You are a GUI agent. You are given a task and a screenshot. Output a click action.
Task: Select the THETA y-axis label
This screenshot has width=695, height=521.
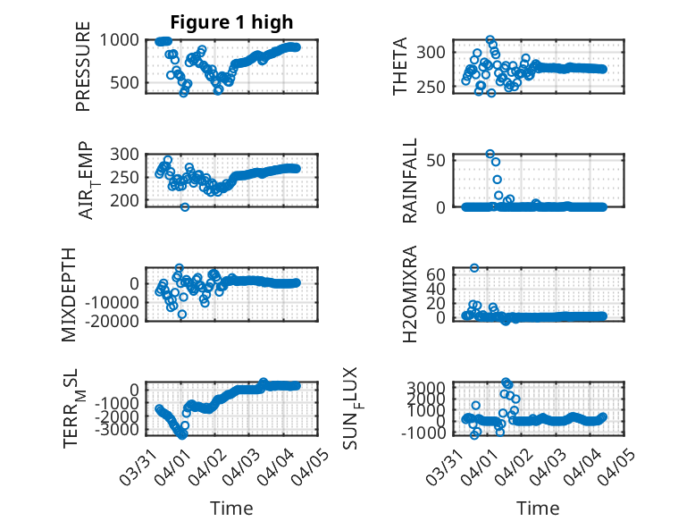[x=400, y=66]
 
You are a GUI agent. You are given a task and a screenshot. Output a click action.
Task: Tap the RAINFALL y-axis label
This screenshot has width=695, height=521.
[x=409, y=181]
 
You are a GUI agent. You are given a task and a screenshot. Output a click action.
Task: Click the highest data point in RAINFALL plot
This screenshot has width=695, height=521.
[x=490, y=154]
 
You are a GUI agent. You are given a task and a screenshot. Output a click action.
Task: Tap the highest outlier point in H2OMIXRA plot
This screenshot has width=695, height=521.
[x=474, y=268]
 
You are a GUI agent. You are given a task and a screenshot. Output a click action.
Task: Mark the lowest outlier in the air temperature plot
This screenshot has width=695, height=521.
[x=185, y=207]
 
